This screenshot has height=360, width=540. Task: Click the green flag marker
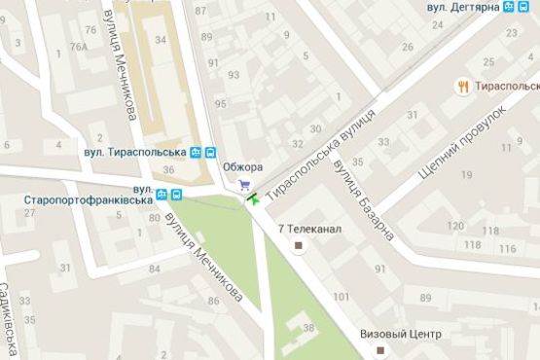pos(253,198)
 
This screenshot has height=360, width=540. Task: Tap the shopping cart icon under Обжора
pos(245,184)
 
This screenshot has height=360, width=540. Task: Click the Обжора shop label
pos(243,166)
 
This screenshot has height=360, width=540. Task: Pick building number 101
pos(341,297)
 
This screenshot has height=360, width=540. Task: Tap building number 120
pos(453,226)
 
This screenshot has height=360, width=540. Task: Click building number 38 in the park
pos(308,329)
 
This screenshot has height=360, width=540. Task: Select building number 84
pos(154,268)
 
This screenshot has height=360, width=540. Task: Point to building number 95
pos(220,104)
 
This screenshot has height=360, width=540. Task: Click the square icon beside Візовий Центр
pos(381,348)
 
